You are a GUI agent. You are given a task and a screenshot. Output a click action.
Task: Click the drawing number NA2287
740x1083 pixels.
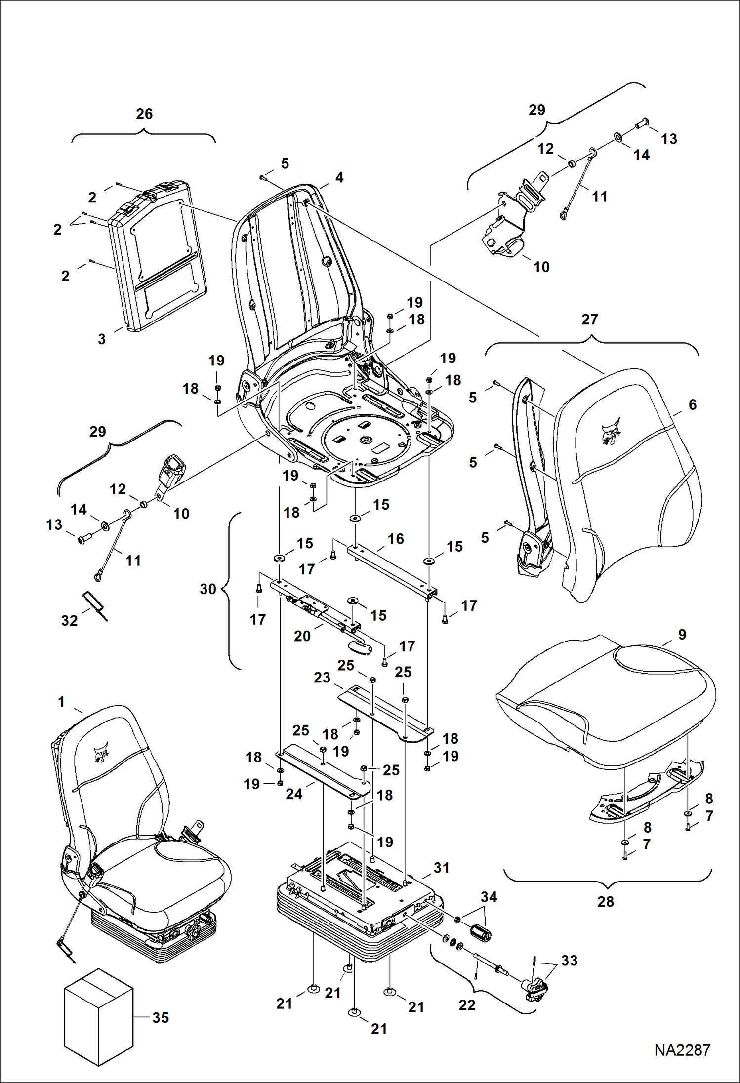[682, 1050]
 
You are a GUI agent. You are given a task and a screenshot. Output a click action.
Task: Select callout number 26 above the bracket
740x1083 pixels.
[144, 114]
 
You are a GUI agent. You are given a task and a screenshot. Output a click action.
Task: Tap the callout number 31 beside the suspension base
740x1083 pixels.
[441, 868]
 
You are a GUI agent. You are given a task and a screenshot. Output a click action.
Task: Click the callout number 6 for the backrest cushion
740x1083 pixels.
[692, 405]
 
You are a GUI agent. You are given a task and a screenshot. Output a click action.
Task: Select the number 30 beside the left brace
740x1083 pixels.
[208, 589]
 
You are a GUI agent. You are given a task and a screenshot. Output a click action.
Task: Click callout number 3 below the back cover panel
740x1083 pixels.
[102, 339]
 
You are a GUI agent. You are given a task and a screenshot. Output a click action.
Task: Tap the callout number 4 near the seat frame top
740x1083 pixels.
[339, 178]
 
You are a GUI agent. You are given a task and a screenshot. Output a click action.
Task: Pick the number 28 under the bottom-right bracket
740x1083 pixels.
[605, 901]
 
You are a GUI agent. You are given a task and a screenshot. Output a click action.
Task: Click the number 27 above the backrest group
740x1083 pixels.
[589, 320]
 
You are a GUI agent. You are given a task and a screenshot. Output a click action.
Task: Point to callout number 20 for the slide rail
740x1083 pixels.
[302, 636]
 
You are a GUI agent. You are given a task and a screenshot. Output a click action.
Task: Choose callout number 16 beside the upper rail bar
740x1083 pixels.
[396, 539]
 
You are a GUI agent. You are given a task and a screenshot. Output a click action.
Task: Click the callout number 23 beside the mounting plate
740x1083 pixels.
[322, 678]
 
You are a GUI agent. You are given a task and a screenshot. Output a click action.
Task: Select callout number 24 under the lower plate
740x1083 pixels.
[294, 794]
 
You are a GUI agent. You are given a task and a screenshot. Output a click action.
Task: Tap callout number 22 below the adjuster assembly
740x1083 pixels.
[467, 1005]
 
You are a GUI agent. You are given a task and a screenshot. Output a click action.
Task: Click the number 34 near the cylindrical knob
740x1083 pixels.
[489, 897]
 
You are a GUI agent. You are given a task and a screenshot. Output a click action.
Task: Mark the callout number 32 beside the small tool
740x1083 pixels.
[70, 621]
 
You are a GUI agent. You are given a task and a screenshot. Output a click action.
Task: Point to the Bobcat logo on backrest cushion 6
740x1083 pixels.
[611, 433]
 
